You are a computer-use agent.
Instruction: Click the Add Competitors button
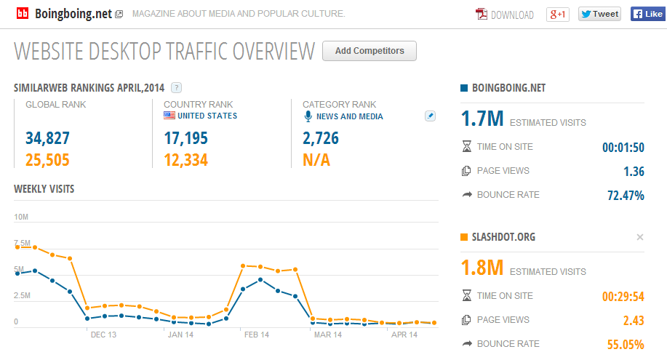click(370, 51)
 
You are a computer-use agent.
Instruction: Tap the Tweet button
click(599, 14)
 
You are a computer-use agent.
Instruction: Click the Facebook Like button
click(648, 14)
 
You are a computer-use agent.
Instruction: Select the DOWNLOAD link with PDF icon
click(505, 15)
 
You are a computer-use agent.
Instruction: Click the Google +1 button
click(558, 15)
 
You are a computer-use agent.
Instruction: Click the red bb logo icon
click(23, 14)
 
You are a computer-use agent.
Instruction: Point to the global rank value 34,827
click(47, 138)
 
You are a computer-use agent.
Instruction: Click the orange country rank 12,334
click(186, 160)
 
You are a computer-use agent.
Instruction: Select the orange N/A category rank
click(316, 160)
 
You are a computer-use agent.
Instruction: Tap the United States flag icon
click(169, 116)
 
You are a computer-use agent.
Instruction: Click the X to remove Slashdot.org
click(640, 237)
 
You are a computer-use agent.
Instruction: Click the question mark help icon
click(176, 88)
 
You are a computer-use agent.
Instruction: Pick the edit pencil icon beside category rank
click(430, 116)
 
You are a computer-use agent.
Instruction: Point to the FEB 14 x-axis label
click(257, 335)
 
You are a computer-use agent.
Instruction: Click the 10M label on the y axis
click(21, 217)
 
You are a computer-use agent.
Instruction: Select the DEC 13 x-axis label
click(103, 335)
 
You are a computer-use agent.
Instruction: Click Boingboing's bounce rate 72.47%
click(626, 196)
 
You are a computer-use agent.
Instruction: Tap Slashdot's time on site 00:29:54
click(623, 296)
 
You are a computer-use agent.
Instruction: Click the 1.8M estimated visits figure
click(482, 268)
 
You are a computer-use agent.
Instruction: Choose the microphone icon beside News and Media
click(308, 116)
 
